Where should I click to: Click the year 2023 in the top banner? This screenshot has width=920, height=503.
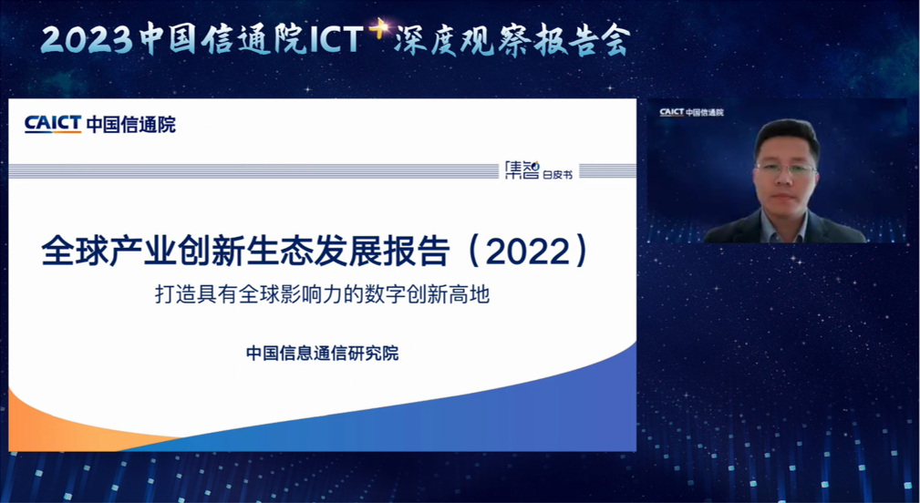(88, 40)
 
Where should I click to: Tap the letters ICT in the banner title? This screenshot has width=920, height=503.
(335, 40)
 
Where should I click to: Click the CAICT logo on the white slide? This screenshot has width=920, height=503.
(53, 124)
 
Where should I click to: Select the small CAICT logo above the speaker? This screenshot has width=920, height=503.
(671, 112)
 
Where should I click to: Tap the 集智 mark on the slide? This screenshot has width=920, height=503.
(522, 170)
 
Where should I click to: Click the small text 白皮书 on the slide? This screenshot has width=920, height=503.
(558, 173)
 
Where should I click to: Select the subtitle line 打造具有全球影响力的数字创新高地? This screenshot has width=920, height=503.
(322, 295)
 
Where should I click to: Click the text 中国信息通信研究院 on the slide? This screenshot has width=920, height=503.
(322, 354)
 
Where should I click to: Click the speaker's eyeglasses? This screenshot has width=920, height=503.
(786, 169)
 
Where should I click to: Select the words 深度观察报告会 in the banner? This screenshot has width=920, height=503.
(512, 40)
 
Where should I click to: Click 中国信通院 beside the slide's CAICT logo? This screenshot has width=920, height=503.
(130, 125)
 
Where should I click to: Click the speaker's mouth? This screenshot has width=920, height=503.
(785, 196)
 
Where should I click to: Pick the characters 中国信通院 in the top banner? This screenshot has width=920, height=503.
(223, 40)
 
